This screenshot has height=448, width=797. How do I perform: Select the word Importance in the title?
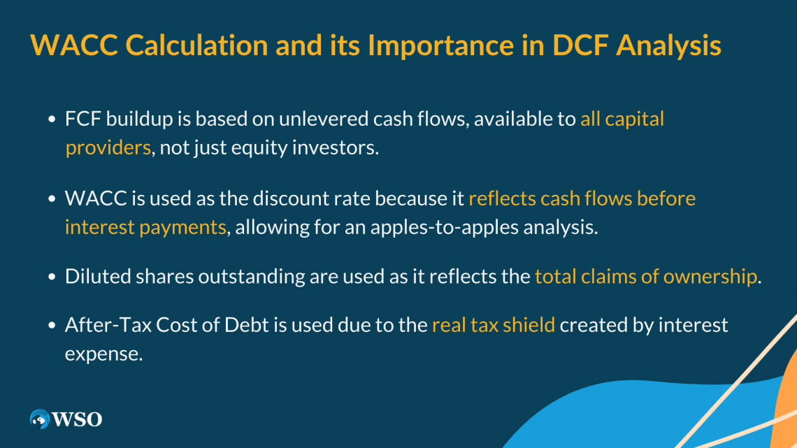(441, 46)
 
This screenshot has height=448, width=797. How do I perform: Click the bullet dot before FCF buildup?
(52, 120)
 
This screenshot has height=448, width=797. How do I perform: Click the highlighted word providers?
(108, 148)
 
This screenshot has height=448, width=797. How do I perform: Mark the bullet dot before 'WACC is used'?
(52, 198)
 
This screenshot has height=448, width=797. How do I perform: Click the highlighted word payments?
(182, 228)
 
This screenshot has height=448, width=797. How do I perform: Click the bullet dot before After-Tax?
(52, 325)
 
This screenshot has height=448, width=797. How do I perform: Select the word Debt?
(247, 325)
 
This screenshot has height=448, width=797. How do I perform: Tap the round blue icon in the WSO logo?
(40, 419)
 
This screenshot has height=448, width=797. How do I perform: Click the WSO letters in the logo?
(78, 419)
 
